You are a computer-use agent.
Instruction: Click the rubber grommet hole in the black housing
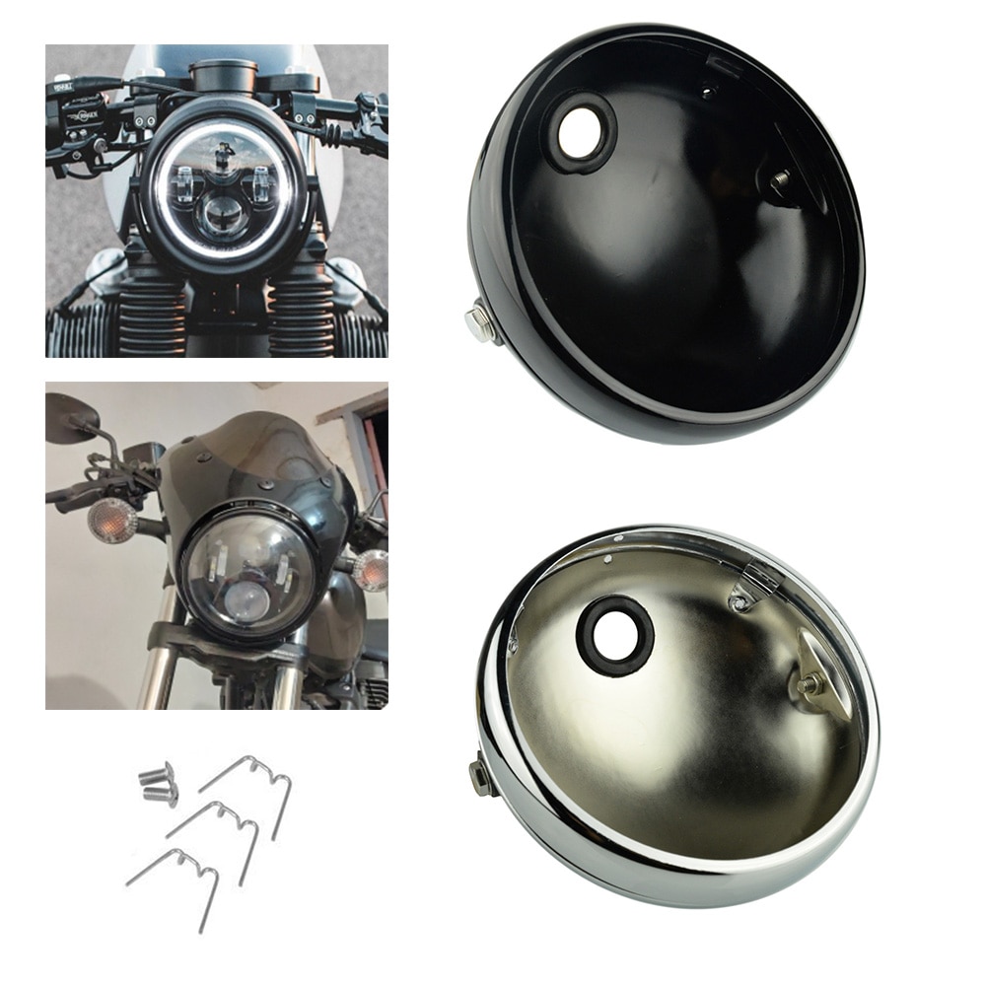click(582, 135)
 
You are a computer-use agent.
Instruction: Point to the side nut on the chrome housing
click(481, 777)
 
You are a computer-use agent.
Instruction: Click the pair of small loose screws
click(158, 784)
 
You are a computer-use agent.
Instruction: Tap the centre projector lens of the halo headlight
click(223, 214)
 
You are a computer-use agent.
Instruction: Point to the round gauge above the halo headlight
click(223, 75)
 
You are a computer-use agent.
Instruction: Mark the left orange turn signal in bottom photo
click(111, 520)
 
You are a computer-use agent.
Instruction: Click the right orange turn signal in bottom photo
click(372, 570)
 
